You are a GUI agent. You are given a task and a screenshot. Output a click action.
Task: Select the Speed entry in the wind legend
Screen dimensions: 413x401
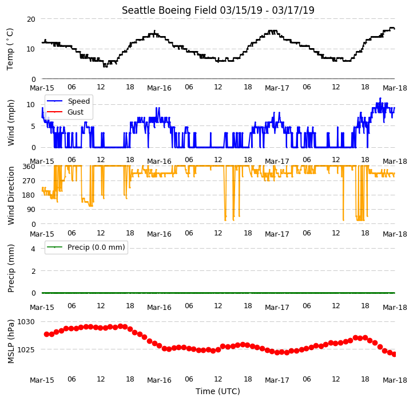pos(79,101)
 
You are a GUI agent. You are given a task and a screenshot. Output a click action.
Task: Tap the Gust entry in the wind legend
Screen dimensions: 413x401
pos(76,112)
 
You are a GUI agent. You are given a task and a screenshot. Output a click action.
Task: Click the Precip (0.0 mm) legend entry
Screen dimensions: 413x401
pos(96,247)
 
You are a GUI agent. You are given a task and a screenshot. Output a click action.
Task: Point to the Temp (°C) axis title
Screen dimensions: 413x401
pos(10,49)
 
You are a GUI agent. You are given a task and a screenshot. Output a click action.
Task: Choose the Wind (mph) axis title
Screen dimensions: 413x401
pos(10,123)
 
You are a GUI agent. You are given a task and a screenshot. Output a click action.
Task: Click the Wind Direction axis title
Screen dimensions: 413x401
pos(10,195)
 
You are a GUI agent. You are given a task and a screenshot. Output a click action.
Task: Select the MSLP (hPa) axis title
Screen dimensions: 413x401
pos(10,341)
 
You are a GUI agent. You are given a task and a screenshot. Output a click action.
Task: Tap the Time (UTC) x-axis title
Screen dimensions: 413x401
pos(218,391)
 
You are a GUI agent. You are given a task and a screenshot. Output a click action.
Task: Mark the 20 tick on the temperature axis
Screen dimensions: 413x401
pos(31,19)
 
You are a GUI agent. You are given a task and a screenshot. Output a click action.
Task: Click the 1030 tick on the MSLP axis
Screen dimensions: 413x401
pos(26,322)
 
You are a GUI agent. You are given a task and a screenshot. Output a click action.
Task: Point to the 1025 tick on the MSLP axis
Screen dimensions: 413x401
pos(26,350)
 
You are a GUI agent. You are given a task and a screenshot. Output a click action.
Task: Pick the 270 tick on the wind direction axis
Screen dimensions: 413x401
pos(29,181)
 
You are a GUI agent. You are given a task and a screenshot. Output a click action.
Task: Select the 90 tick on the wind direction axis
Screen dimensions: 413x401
pos(31,210)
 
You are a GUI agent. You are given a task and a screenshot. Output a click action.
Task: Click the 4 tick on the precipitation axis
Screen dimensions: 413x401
pos(33,249)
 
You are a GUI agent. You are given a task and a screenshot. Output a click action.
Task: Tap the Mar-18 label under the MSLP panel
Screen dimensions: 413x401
pos(395,380)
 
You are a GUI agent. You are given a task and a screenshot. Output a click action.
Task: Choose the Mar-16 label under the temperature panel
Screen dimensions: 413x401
pos(159,88)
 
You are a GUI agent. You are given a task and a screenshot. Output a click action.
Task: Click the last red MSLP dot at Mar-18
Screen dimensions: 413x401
pos(394,354)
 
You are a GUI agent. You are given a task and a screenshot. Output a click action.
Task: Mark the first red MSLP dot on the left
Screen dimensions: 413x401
pos(47,334)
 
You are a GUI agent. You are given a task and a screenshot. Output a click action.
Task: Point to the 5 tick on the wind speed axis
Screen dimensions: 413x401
pos(33,127)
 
